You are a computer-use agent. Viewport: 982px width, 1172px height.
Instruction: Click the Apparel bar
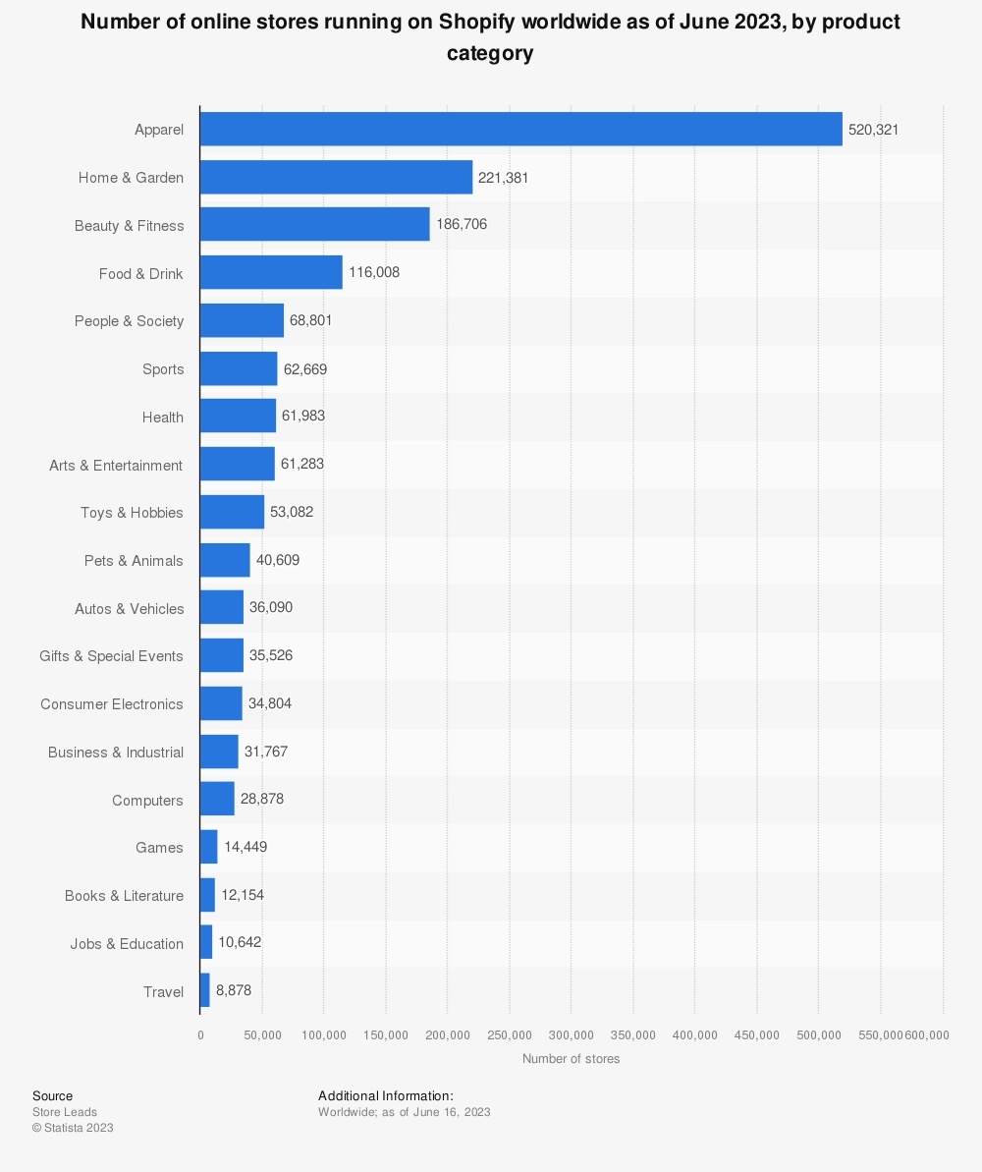coord(520,129)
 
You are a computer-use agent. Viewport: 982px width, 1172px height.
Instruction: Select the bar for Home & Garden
coord(336,177)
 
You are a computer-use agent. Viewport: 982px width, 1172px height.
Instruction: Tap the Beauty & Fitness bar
coord(314,225)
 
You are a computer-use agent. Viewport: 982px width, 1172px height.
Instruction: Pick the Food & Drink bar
coord(271,273)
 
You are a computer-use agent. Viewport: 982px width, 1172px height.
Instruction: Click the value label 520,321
coord(873,129)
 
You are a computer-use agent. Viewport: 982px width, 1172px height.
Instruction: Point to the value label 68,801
coord(311,320)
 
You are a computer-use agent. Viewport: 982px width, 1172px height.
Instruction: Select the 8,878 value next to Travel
coord(234,990)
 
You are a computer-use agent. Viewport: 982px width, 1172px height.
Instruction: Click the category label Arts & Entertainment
coord(116,465)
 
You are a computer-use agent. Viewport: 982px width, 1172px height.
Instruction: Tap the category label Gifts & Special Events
coord(111,656)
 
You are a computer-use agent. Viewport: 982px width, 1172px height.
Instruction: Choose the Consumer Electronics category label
coord(112,704)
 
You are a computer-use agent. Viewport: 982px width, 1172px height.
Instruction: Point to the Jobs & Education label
coord(127,944)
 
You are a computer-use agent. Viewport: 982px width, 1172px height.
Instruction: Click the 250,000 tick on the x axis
coord(509,1034)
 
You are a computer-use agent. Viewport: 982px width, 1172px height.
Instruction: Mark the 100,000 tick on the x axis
coord(323,1034)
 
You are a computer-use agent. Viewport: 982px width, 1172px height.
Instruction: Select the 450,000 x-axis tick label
coord(756,1034)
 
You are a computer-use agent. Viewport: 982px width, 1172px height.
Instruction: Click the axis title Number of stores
coord(571,1059)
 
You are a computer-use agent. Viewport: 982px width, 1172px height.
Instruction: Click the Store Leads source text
coord(65,1112)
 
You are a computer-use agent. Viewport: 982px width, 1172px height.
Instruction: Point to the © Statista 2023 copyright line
coord(73,1128)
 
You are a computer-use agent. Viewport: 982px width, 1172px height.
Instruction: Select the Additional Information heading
coord(386,1095)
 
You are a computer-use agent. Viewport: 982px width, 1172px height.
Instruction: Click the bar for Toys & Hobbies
coord(232,513)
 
